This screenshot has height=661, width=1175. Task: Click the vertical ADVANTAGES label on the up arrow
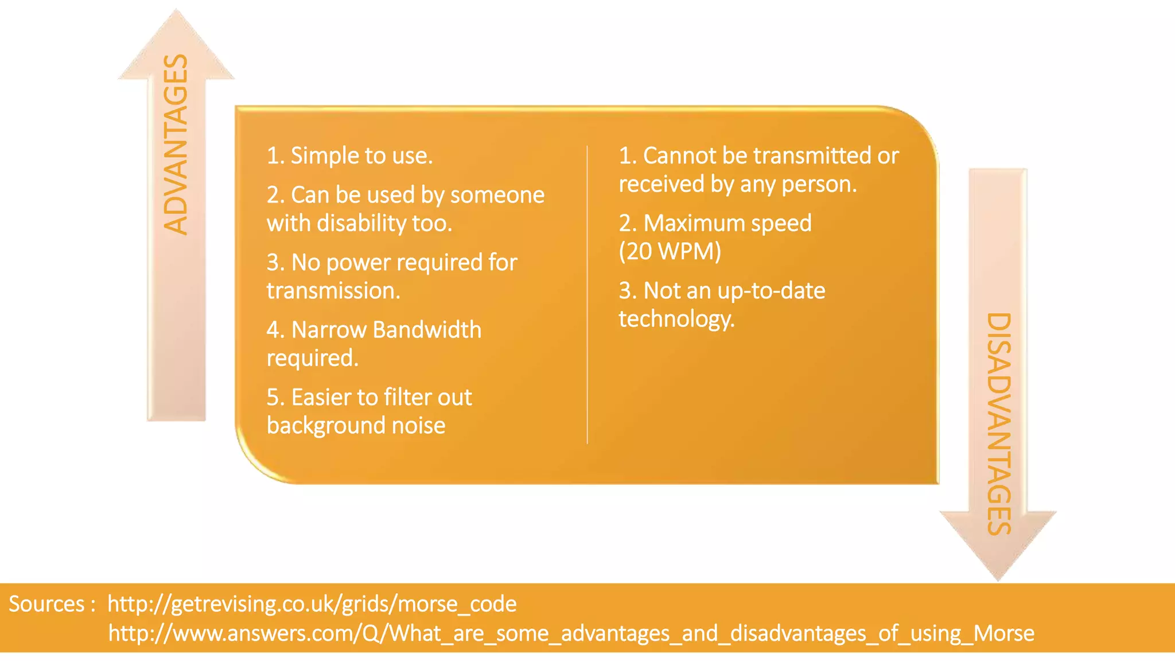coord(176,145)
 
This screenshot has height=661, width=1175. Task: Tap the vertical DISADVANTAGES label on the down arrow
coord(999,423)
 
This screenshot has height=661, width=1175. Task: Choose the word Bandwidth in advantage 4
coord(427,330)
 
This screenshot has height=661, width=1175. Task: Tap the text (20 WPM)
coord(670,251)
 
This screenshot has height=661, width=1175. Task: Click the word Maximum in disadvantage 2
coord(694,223)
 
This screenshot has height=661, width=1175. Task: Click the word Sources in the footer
coord(47,604)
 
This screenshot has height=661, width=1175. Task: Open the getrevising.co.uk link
coord(312,604)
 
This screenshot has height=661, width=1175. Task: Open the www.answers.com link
coord(571,633)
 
